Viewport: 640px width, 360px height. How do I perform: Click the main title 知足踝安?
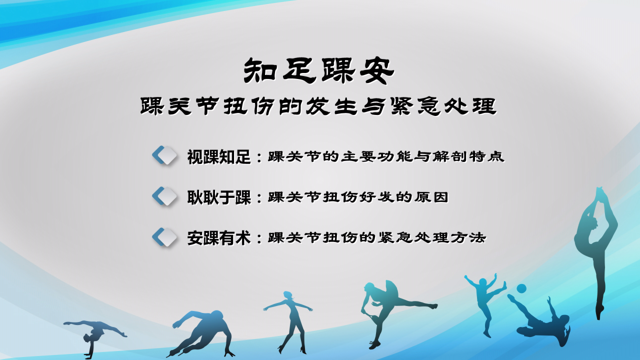pyautogui.click(x=319, y=70)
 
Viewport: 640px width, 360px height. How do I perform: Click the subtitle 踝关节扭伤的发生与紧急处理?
pyautogui.click(x=318, y=106)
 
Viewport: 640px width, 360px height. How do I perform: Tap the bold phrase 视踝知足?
pyautogui.click(x=219, y=157)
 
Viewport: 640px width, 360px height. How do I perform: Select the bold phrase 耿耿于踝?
pyautogui.click(x=219, y=197)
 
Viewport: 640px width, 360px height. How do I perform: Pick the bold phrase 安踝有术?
pyautogui.click(x=219, y=238)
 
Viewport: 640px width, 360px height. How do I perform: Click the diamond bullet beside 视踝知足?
pyautogui.click(x=164, y=155)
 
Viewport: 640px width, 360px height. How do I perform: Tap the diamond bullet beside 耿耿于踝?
pyautogui.click(x=164, y=196)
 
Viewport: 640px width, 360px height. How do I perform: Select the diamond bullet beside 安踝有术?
pyautogui.click(x=164, y=237)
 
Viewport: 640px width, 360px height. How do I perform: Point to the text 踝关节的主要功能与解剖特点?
pyautogui.click(x=386, y=156)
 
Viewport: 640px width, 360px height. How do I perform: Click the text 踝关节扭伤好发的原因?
pyautogui.click(x=358, y=197)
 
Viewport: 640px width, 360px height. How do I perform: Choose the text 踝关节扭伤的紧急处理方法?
pyautogui.click(x=377, y=237)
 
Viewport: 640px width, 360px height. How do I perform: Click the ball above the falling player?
pyautogui.click(x=521, y=288)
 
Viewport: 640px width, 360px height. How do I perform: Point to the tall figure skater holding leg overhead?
pyautogui.click(x=596, y=251)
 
